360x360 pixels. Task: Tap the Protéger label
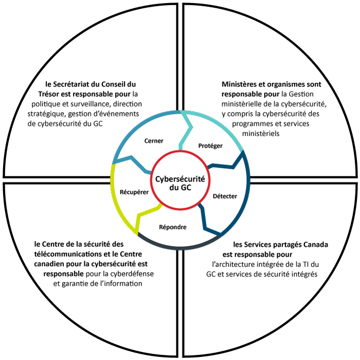(x=210, y=146)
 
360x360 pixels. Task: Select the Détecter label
(x=225, y=196)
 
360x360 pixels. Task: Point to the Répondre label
(x=173, y=227)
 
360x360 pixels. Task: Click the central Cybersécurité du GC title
(x=180, y=183)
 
